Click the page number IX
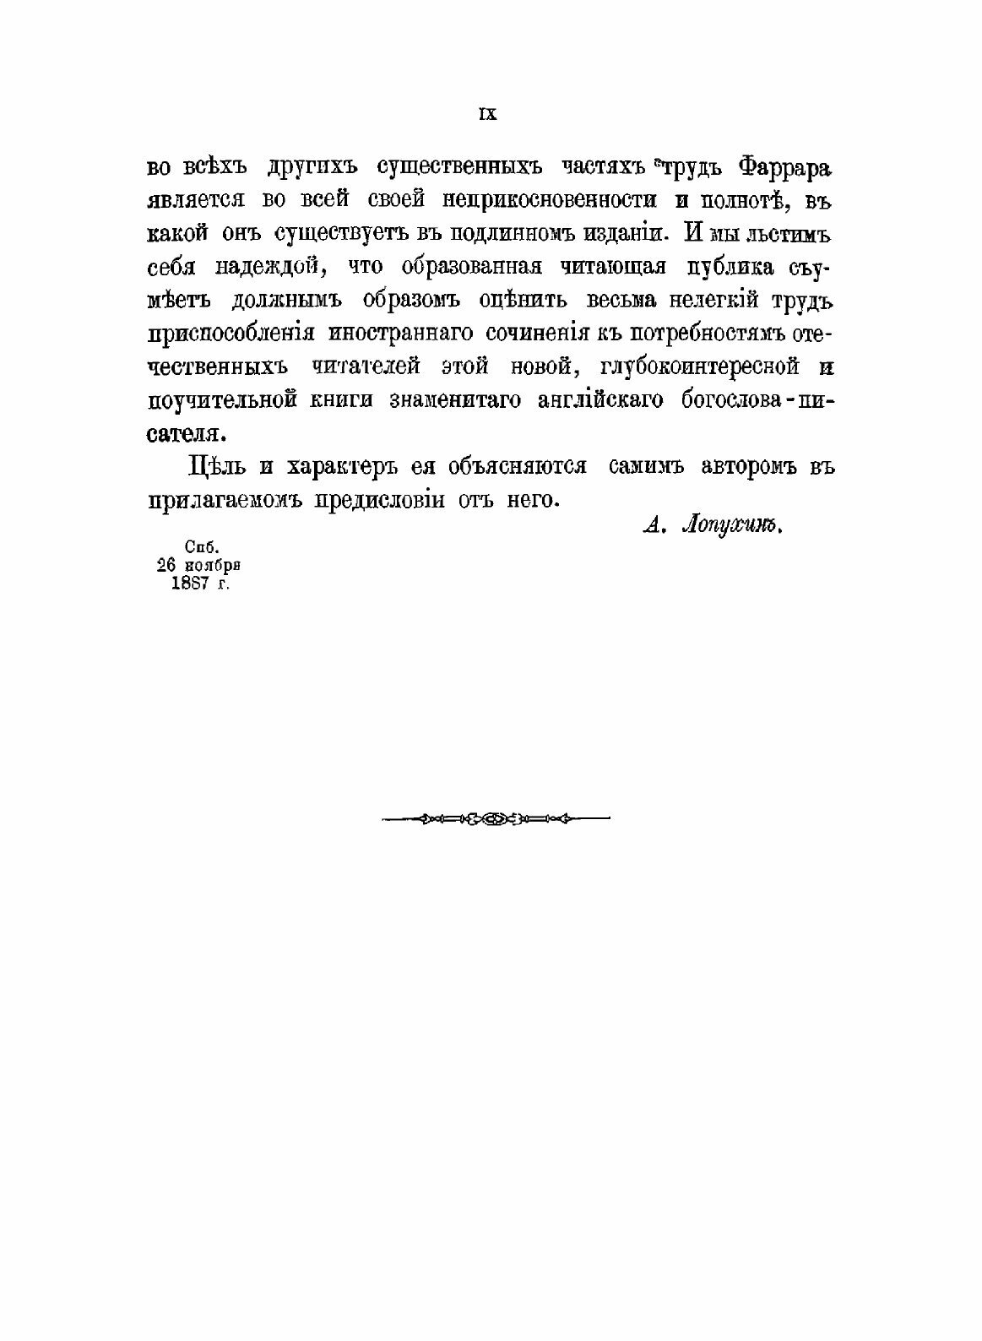point(488,115)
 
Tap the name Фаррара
point(785,168)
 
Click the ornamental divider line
point(496,817)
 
